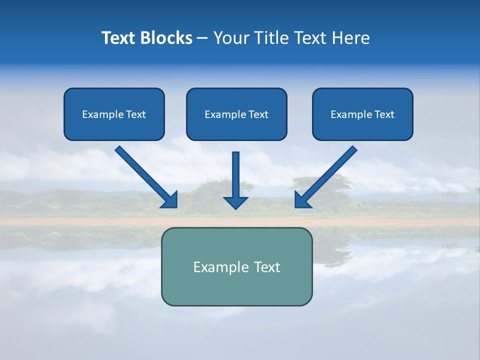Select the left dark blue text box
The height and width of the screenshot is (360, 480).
pyautogui.click(x=114, y=114)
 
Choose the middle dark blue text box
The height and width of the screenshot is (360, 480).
pyautogui.click(x=236, y=114)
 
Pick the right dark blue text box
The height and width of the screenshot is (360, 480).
pyautogui.click(x=362, y=114)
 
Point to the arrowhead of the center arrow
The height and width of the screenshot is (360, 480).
pyautogui.click(x=235, y=202)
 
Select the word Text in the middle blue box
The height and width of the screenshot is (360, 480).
pyautogui.click(x=258, y=114)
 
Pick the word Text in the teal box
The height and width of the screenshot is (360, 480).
pyautogui.click(x=266, y=267)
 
